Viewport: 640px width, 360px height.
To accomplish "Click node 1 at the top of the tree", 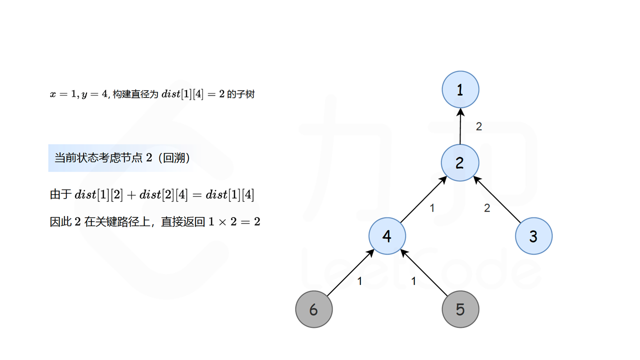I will (460, 90).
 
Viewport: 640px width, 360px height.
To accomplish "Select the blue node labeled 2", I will (460, 163).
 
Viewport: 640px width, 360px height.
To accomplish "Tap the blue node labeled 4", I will (387, 236).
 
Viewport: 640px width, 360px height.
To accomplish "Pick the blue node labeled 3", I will (533, 236).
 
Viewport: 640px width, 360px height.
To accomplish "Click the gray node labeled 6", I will (314, 309).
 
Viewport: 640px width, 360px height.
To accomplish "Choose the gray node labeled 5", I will (460, 309).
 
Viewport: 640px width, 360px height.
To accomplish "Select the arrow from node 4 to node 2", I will (423, 199).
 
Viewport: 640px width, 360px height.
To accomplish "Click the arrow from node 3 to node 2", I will (497, 199).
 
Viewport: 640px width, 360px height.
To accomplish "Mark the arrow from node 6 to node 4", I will (350, 273).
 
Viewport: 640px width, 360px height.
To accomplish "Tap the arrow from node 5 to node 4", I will (424, 273).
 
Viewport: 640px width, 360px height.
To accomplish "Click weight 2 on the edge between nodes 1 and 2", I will (479, 127).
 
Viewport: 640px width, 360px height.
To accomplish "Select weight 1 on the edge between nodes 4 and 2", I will (432, 208).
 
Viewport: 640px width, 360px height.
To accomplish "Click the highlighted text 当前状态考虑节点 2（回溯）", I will (122, 158).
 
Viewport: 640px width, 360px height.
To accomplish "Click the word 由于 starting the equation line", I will (60, 194).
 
